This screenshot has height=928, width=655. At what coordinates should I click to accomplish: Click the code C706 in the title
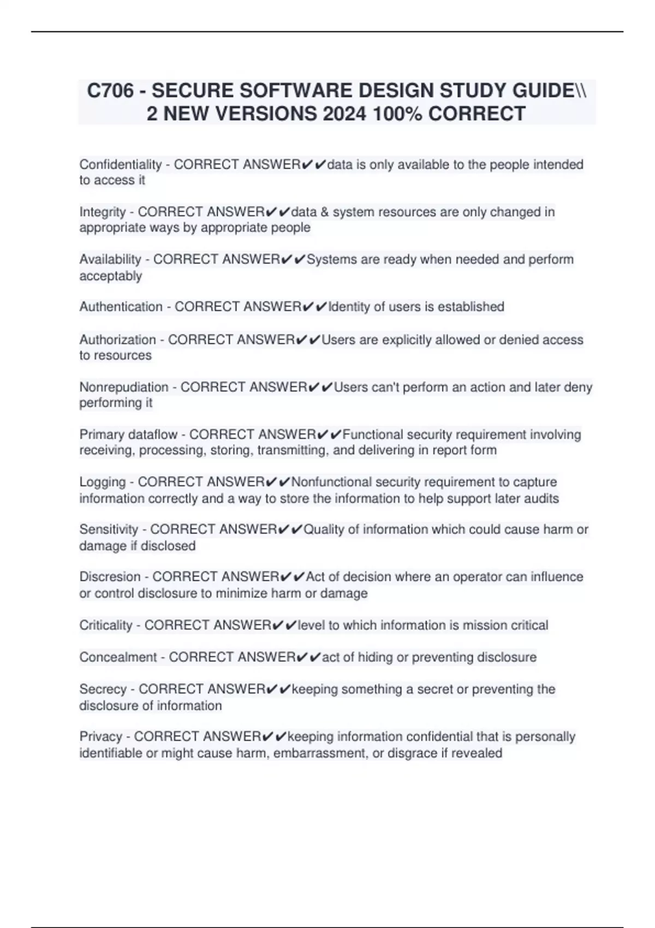110,91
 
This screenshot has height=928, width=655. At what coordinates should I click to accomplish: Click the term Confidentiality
121,164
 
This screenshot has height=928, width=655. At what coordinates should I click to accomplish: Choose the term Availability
110,259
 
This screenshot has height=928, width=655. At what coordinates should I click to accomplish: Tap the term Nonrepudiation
124,387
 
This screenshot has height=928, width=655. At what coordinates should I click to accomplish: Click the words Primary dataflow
128,435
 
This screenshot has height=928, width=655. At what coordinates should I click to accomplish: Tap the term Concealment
118,657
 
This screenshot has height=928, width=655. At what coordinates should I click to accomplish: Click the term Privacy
100,736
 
